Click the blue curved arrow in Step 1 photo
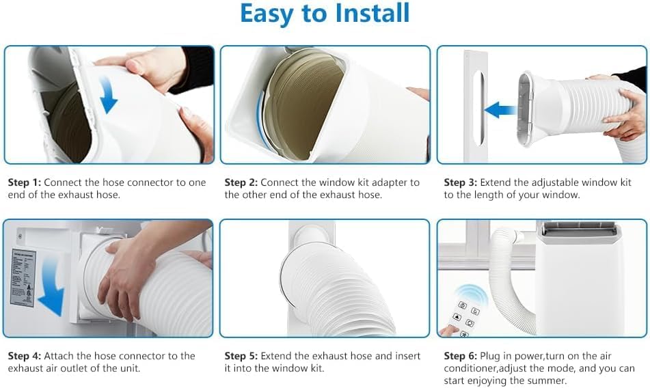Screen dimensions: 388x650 point(107,94)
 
